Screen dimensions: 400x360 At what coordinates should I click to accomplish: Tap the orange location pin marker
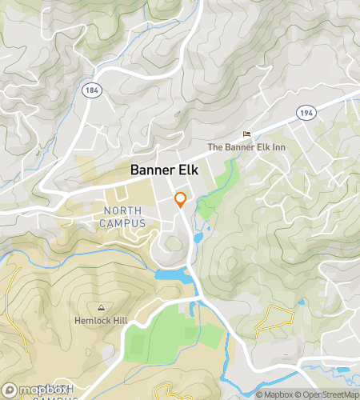tap(181, 199)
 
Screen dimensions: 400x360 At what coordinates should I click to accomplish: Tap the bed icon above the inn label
tap(247, 134)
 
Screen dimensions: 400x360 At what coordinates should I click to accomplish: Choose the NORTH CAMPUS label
tap(125, 217)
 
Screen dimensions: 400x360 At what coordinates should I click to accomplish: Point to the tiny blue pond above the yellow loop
tap(302, 302)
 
